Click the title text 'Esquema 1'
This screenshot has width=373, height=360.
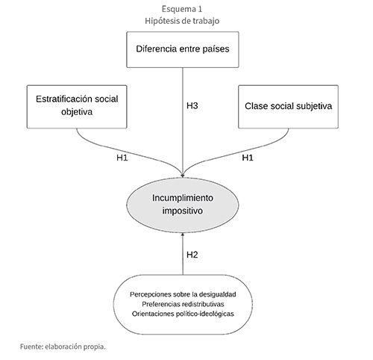(x=182, y=9)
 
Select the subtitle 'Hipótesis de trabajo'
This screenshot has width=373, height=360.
(x=182, y=21)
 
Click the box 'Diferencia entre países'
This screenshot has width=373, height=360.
(x=183, y=49)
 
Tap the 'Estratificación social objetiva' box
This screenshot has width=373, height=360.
(x=77, y=107)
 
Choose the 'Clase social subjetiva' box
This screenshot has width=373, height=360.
(x=288, y=107)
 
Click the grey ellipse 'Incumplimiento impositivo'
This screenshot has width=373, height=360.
(x=183, y=205)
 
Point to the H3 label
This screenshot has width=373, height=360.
(x=192, y=106)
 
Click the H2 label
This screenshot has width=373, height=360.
(x=192, y=255)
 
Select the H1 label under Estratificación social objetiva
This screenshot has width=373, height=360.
(x=122, y=158)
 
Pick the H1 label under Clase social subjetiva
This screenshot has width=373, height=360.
(x=248, y=158)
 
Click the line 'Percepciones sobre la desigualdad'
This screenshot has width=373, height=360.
(x=183, y=294)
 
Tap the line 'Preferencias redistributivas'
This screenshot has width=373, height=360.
(x=183, y=304)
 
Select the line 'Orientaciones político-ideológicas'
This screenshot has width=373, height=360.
(x=183, y=314)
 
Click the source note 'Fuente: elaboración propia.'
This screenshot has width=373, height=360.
(x=63, y=347)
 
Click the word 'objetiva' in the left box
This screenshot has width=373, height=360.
(x=77, y=112)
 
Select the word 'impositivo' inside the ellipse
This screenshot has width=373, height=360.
(x=183, y=211)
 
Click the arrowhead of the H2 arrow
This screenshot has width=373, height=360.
(x=183, y=235)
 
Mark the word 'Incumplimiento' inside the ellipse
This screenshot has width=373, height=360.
(x=183, y=198)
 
